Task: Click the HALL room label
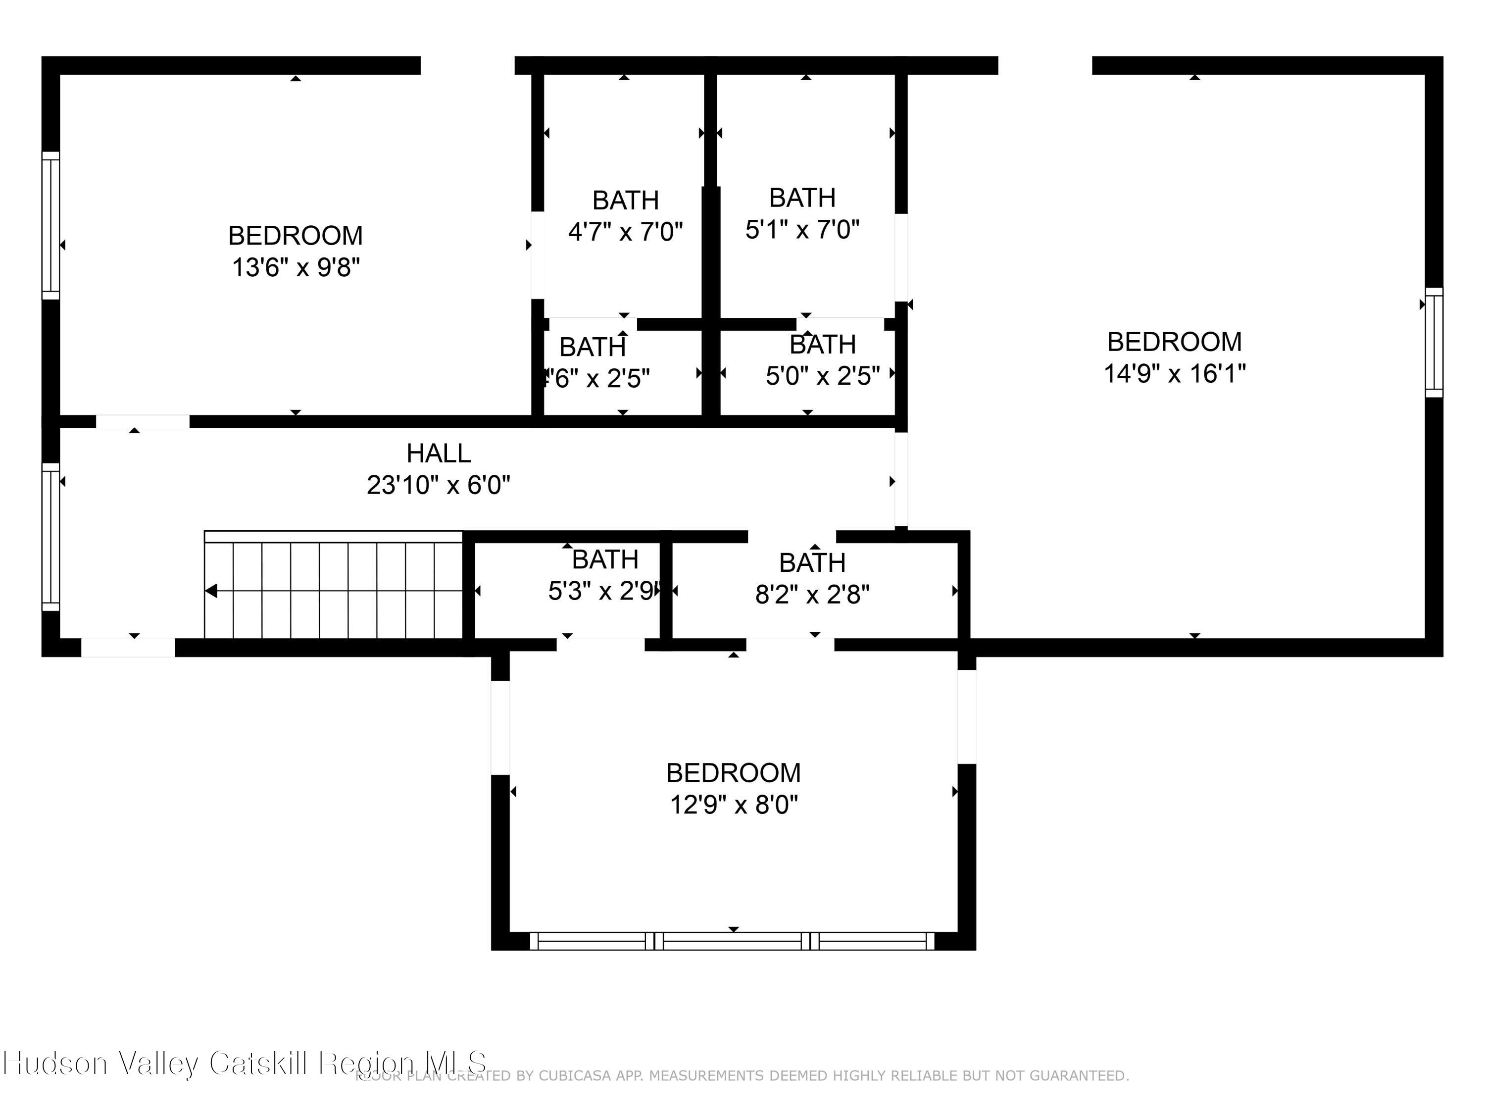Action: coord(439,453)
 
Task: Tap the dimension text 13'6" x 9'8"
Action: coord(296,267)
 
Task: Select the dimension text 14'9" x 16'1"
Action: coord(1174,373)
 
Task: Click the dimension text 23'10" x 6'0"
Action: coord(439,485)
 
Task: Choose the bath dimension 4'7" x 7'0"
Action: coord(625,232)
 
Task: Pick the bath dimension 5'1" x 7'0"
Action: coord(802,230)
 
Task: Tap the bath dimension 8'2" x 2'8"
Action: coord(812,594)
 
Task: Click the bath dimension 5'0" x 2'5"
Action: coord(822,376)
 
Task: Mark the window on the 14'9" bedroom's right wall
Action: coord(1434,343)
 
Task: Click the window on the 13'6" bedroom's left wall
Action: coord(51,225)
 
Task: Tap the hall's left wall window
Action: coord(51,537)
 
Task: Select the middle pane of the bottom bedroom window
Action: coord(733,941)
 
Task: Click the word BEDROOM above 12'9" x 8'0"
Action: coord(733,772)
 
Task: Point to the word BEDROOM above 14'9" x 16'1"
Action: coord(1174,342)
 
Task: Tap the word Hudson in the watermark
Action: coord(55,1063)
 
